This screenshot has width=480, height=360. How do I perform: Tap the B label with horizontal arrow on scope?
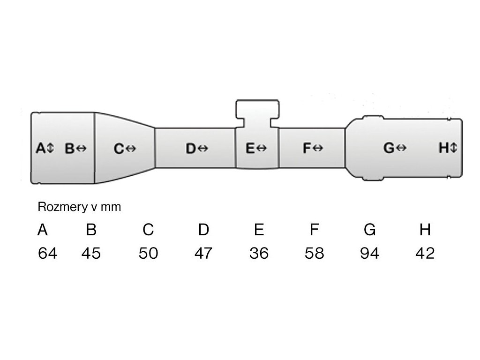click(x=75, y=149)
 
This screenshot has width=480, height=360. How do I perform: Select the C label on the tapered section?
click(x=125, y=149)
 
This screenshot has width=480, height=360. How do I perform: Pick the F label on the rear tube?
click(x=313, y=149)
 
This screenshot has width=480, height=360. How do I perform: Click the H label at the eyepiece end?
click(x=448, y=149)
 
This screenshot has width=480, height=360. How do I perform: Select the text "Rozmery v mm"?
click(x=79, y=207)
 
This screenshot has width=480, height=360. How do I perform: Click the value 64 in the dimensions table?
click(x=48, y=254)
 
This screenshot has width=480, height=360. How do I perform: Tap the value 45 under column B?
click(x=91, y=254)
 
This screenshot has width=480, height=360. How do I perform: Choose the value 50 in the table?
click(x=148, y=254)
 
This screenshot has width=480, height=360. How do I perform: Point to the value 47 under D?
click(x=203, y=254)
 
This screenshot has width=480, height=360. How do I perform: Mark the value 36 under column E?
click(x=259, y=254)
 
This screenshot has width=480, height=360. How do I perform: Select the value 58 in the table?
click(x=314, y=254)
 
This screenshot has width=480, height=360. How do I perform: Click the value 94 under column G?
click(x=369, y=254)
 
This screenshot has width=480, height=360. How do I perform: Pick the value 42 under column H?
click(x=425, y=254)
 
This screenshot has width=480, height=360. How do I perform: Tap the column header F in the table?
click(x=314, y=230)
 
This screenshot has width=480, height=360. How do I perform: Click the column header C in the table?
click(x=148, y=230)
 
